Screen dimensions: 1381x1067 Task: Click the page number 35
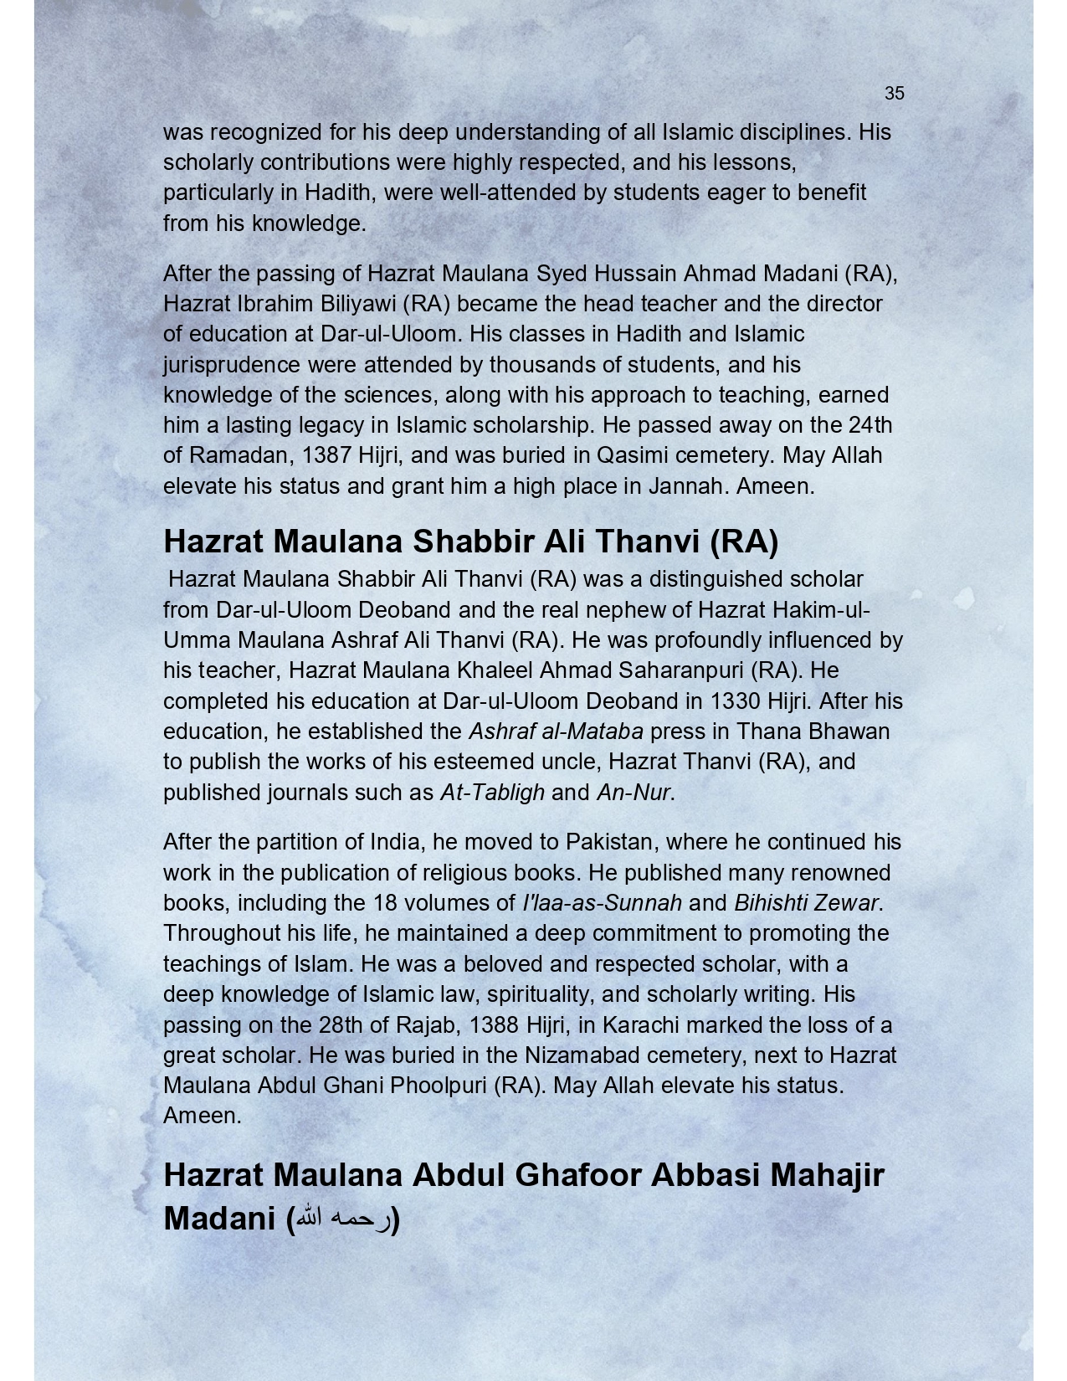click(x=894, y=94)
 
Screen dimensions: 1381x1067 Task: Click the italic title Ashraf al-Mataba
click(x=556, y=732)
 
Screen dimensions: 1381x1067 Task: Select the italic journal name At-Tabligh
click(x=492, y=793)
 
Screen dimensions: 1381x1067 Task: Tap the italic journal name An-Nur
click(x=634, y=793)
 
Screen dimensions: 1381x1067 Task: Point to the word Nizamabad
click(x=582, y=1055)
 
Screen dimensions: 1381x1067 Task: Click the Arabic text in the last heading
click(x=343, y=1219)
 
